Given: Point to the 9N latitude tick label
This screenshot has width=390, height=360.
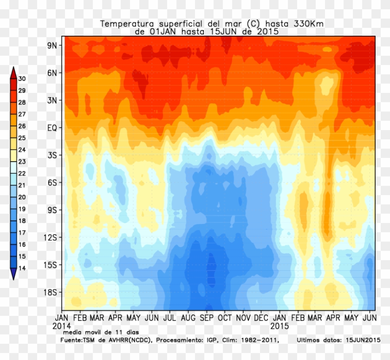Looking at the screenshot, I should (51, 46).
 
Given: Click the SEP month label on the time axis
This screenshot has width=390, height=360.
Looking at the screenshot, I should (207, 318).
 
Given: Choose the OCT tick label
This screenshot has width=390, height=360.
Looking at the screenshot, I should (225, 318).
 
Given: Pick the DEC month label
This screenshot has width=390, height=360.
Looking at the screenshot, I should (261, 318).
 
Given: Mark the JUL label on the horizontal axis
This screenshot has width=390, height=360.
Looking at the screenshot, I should (170, 318).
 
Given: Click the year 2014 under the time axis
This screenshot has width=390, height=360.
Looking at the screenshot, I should (62, 326).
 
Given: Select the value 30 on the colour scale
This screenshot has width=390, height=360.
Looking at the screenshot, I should (22, 79).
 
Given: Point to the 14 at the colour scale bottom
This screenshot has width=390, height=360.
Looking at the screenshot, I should (22, 268).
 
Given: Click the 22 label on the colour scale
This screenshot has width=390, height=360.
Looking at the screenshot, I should (22, 173).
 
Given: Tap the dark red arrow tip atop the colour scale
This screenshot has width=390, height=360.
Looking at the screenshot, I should (13, 71).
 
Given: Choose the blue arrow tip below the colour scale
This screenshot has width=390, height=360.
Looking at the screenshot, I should (13, 276).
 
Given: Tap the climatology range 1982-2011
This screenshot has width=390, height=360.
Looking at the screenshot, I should (256, 340).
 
